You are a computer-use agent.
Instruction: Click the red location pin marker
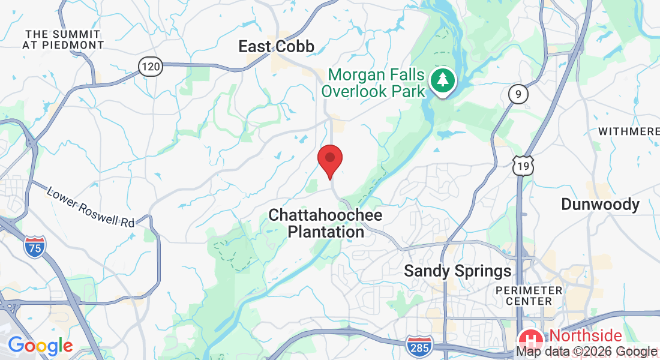click(x=329, y=160)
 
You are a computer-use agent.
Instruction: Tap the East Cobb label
click(x=276, y=46)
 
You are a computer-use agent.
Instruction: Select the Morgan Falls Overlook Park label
click(x=377, y=83)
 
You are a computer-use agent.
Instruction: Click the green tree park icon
click(x=443, y=80)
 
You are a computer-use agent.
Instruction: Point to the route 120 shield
click(x=151, y=66)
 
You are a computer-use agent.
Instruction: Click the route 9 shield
click(x=517, y=94)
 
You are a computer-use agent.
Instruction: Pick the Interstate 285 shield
click(x=418, y=346)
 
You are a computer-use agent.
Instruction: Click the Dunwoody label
click(x=600, y=205)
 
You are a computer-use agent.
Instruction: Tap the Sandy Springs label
click(x=458, y=271)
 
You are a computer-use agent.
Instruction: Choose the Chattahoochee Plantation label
click(x=325, y=223)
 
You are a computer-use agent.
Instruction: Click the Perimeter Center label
click(x=529, y=296)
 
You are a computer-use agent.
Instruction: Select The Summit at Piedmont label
click(x=63, y=38)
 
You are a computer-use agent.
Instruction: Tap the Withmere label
click(x=629, y=131)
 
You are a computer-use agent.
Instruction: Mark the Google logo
click(x=40, y=346)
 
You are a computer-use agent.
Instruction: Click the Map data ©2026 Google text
click(x=587, y=352)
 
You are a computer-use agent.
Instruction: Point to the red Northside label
click(x=586, y=335)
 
